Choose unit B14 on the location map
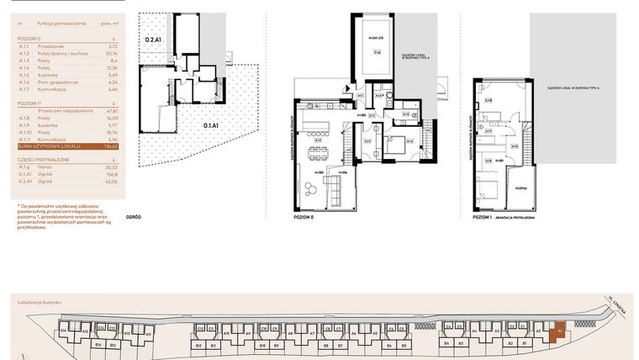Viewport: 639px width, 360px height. tap(98, 346)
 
